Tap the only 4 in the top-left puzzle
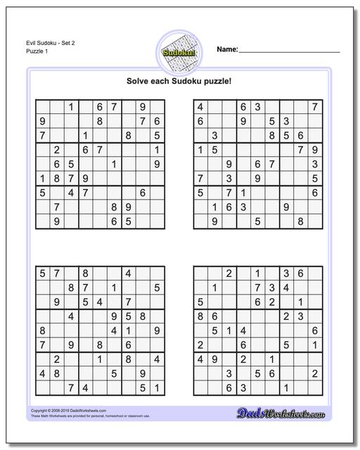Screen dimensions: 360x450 coord(70,192)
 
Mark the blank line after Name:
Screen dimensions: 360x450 coord(289,52)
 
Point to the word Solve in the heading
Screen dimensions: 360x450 coord(140,81)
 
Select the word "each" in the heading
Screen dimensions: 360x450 coord(167,81)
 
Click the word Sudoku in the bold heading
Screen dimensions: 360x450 coord(197,81)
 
